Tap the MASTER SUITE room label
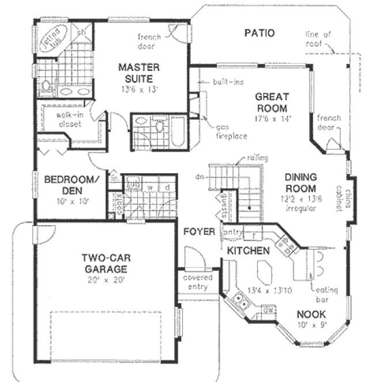135,73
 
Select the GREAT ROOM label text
272,103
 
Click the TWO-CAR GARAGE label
104,263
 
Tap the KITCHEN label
248,251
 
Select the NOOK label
311,315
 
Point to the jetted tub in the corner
52,40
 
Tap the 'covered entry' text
197,281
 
